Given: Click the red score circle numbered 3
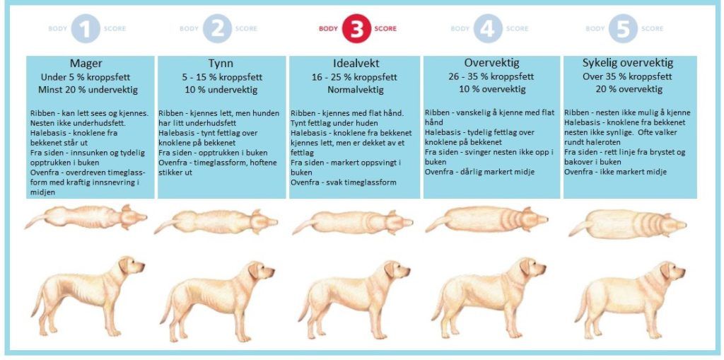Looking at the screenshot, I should point(357,29).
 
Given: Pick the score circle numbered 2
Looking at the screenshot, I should point(218,29).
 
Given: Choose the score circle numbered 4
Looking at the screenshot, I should point(489,29).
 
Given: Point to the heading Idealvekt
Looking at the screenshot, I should point(356,64).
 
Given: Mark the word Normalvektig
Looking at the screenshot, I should point(356,90).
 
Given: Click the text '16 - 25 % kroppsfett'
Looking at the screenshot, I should point(356,77).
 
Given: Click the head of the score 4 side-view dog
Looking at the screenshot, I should point(532,269).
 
